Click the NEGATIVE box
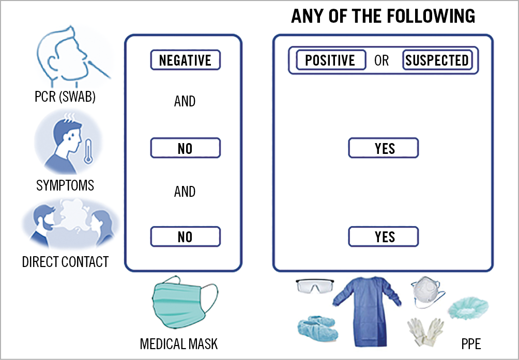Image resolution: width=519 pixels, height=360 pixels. tap(185, 60)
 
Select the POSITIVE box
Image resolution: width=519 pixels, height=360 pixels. tap(331, 60)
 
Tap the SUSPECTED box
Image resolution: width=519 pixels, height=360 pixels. tap(437, 60)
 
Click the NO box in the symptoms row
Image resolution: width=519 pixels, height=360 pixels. tap(185, 148)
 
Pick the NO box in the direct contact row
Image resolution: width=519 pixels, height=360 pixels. tap(185, 237)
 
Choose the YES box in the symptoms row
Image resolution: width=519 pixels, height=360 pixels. tap(383, 148)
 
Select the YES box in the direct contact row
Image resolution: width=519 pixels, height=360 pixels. tap(383, 237)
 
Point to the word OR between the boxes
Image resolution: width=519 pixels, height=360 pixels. tap(381, 60)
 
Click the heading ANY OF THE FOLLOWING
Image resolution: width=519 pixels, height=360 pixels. tap(383, 17)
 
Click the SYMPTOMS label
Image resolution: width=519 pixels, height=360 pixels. tap(65, 185)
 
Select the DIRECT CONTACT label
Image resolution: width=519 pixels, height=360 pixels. tap(65, 262)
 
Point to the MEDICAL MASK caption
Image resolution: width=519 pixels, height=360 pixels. tap(179, 343)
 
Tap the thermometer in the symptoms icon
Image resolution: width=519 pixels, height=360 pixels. tap(88, 150)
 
